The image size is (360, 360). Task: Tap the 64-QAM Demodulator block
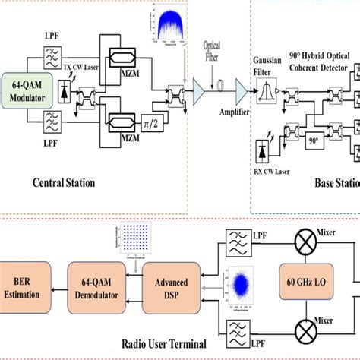coord(93,279)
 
